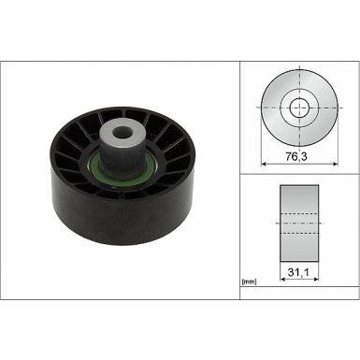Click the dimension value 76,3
tap(299, 160)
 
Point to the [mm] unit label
tap(250, 281)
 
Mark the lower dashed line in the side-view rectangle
tap(299, 234)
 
